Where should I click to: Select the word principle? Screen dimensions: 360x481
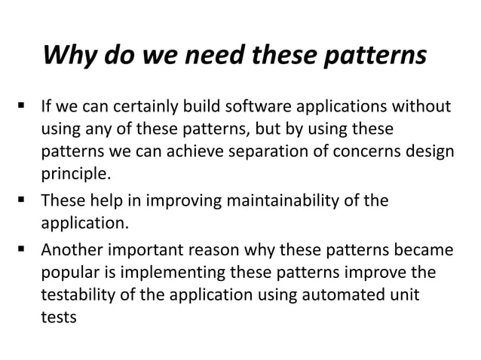[75, 175]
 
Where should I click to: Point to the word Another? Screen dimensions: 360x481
[71, 249]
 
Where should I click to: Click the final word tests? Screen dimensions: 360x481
[58, 316]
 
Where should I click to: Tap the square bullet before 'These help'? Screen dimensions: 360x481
[17, 202]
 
